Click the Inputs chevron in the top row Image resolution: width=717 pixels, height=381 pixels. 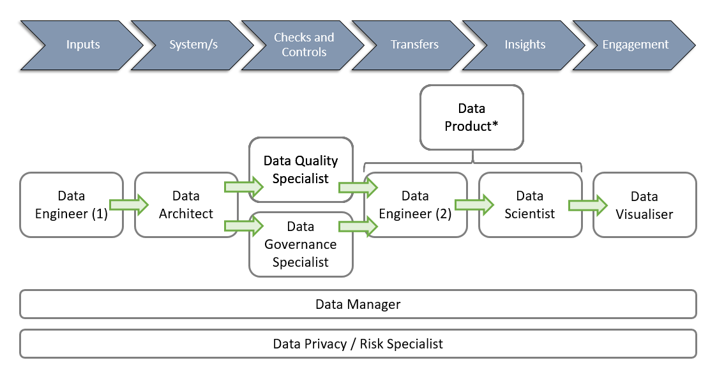pos(83,45)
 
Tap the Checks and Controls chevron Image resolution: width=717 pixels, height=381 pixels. pos(303,45)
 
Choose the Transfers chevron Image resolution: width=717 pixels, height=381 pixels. pos(414,45)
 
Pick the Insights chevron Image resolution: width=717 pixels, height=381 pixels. pos(525,45)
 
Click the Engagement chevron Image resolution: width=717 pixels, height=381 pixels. pos(635,45)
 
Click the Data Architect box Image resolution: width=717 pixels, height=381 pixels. pos(186,205)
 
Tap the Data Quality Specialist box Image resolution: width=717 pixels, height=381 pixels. pos(300,170)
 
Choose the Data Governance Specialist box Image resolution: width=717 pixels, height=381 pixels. pos(300,244)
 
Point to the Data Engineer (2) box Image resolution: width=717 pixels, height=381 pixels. pos(415,205)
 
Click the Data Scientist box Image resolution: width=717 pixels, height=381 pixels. pos(530,205)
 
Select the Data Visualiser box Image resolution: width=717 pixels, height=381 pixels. pos(644,205)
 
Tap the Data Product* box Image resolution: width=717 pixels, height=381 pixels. pos(471,117)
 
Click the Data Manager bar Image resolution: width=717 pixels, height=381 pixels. pos(358,304)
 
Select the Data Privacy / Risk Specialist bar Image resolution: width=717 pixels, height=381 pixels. pos(358,344)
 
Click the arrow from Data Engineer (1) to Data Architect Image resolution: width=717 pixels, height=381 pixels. pos(128,205)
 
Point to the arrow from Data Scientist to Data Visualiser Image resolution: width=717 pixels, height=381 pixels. pos(587,205)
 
